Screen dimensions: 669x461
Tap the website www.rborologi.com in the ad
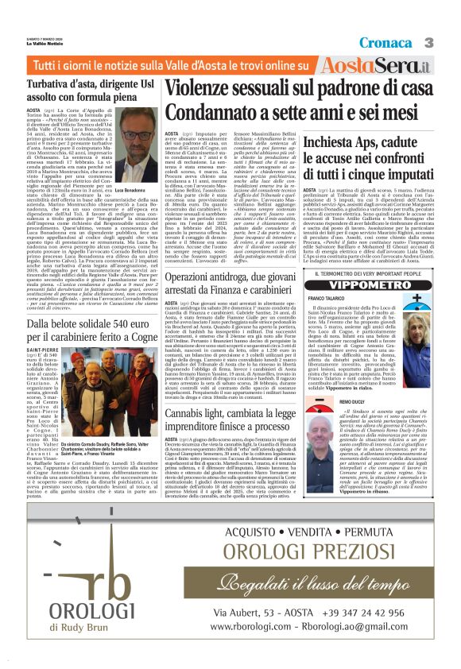coord(250,625)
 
